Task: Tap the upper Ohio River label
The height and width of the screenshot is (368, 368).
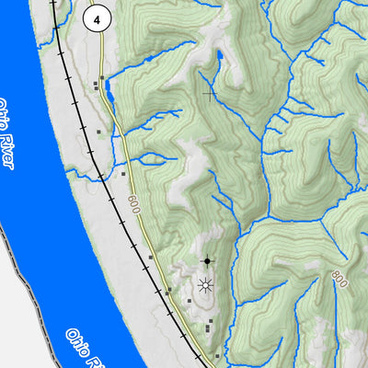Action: pyautogui.click(x=7, y=134)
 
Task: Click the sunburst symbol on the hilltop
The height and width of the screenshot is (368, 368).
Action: pyautogui.click(x=204, y=285)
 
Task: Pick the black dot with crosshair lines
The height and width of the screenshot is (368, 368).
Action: pyautogui.click(x=207, y=261)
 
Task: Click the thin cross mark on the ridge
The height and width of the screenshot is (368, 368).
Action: pyautogui.click(x=211, y=92)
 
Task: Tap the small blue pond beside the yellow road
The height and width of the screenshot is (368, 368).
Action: pyautogui.click(x=109, y=89)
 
